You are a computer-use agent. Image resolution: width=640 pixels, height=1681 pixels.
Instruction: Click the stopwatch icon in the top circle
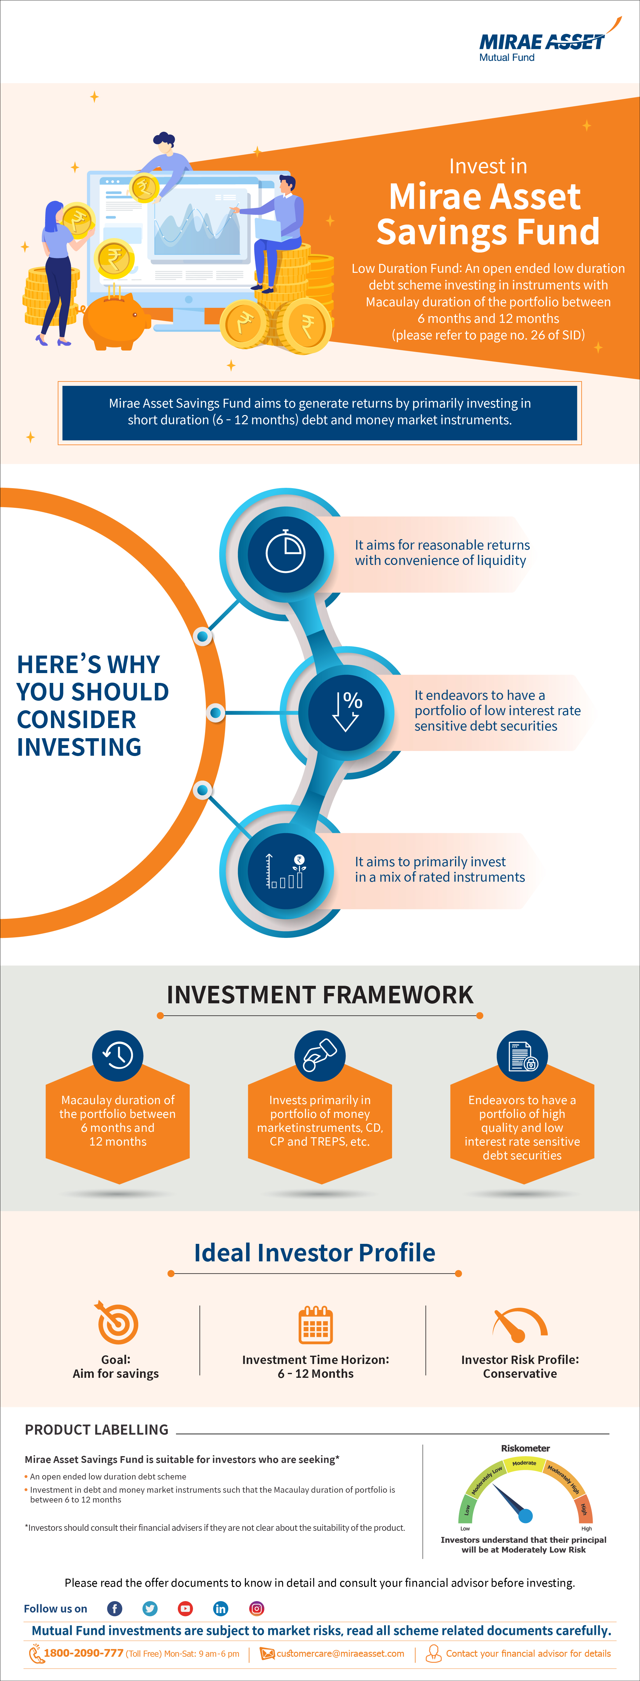coord(285,552)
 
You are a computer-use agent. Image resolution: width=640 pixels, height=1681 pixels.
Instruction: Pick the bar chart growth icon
coord(285,870)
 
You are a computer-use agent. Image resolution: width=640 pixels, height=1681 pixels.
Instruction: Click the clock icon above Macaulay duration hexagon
coord(117,1055)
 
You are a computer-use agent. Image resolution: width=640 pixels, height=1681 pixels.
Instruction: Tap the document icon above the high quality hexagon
coord(522,1055)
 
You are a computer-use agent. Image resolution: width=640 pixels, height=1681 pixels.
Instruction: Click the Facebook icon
coord(114,1609)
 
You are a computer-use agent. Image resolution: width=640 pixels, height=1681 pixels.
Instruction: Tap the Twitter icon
coord(150,1609)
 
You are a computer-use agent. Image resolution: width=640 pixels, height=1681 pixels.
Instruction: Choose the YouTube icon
coord(185,1609)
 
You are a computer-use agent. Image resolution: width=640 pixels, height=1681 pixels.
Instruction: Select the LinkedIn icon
coord(221,1609)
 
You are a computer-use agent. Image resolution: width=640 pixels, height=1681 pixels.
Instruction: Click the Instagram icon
coord(256,1609)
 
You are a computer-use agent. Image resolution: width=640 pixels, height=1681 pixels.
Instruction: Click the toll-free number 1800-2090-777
coord(84,1653)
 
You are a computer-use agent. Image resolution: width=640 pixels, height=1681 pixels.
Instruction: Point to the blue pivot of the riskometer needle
coord(525,1515)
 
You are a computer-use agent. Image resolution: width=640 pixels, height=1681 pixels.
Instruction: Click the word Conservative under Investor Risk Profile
coord(520,1373)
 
